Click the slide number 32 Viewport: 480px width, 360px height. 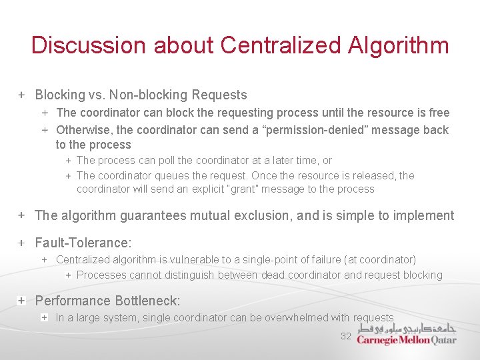345,336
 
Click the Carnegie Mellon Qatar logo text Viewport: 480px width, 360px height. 407,340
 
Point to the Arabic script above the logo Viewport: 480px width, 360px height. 407,328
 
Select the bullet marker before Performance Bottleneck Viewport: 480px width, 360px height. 21,301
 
